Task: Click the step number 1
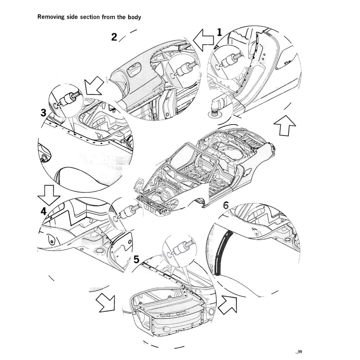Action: point(219,33)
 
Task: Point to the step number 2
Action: point(114,37)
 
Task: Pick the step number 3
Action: point(43,112)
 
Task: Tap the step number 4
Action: point(43,211)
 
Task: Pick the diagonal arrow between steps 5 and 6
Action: point(227,304)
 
